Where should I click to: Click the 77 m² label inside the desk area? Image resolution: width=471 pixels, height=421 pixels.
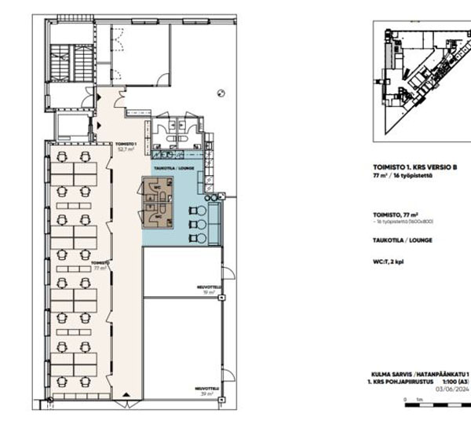click(x=98, y=265)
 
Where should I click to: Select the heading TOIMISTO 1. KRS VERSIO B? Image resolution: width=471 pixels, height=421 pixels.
click(x=414, y=167)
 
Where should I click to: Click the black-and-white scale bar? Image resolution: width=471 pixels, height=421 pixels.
click(x=436, y=401)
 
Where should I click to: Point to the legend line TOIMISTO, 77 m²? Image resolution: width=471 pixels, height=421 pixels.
click(x=394, y=214)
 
